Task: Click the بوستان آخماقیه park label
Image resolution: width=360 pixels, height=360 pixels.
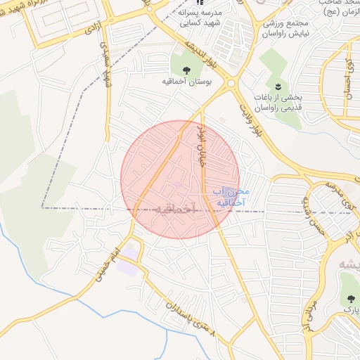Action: click(187, 82)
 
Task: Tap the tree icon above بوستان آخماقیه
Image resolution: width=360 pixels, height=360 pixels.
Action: click(187, 70)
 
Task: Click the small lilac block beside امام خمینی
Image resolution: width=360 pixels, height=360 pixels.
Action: click(128, 269)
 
